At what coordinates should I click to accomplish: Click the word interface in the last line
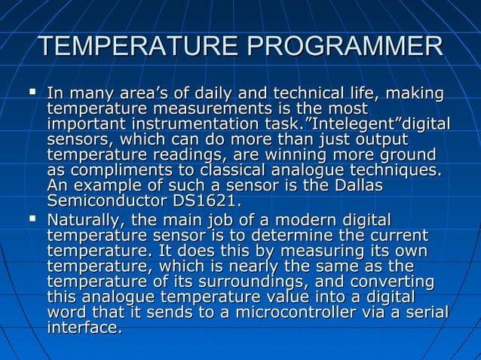(x=83, y=328)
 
